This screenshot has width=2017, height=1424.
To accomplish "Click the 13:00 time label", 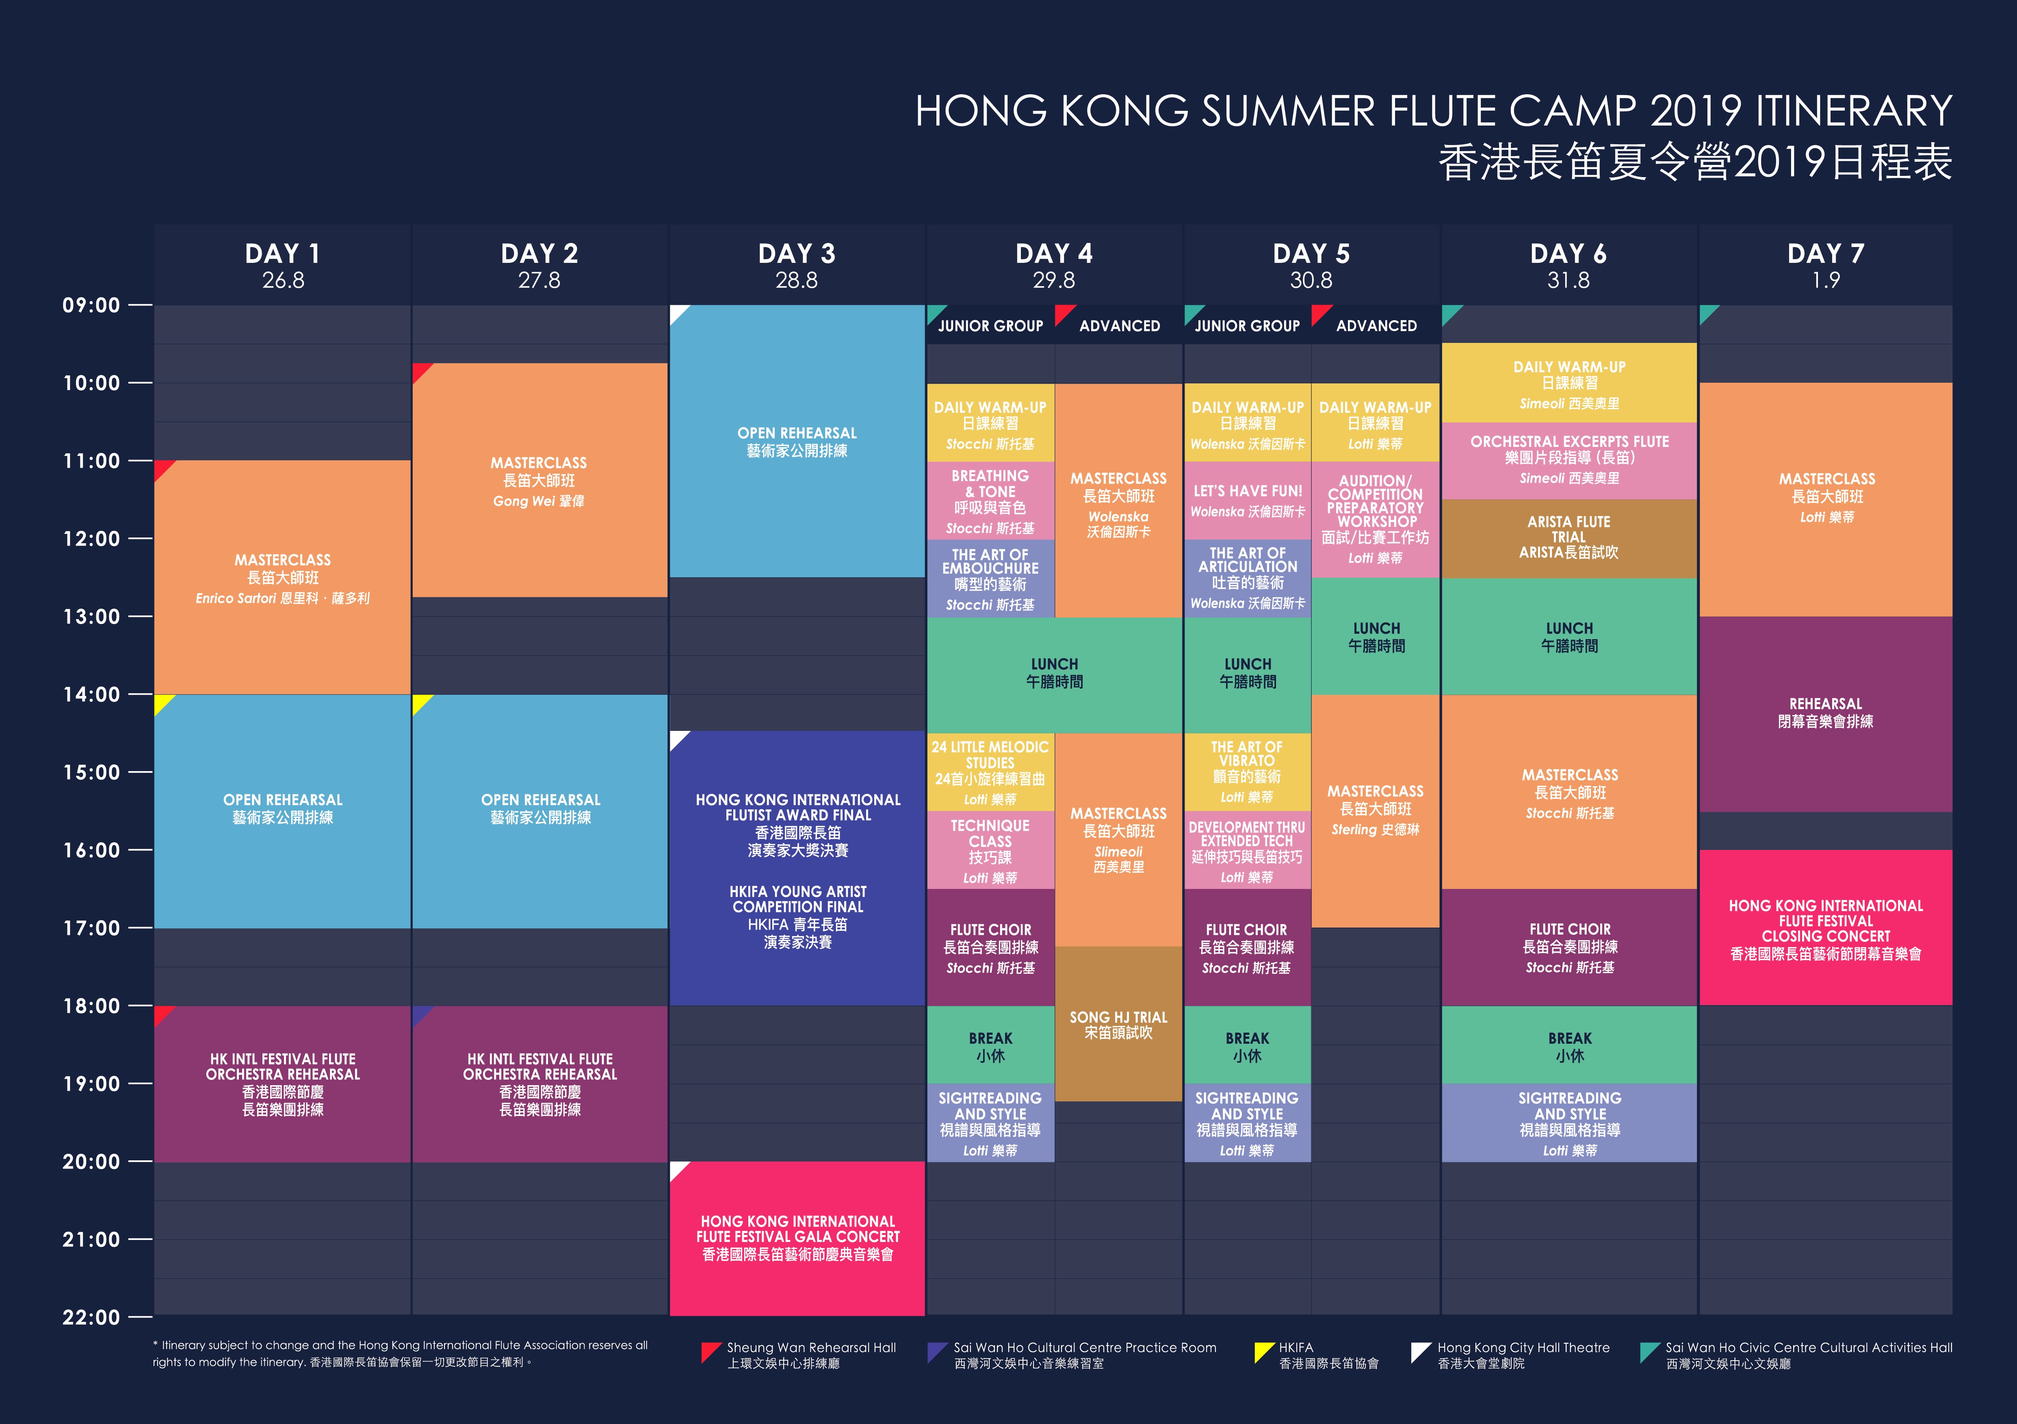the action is click(x=91, y=617).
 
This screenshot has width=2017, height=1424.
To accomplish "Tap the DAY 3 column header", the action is click(x=797, y=254).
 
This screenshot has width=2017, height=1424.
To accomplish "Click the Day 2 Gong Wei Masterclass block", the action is click(x=539, y=481).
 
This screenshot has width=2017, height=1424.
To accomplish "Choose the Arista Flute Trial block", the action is click(x=1569, y=538).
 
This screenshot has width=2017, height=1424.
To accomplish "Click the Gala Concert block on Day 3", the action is click(x=797, y=1239).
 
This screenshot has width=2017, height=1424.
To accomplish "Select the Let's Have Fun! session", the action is click(x=1248, y=501).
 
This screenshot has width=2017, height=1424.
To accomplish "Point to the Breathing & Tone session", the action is click(x=990, y=501).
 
